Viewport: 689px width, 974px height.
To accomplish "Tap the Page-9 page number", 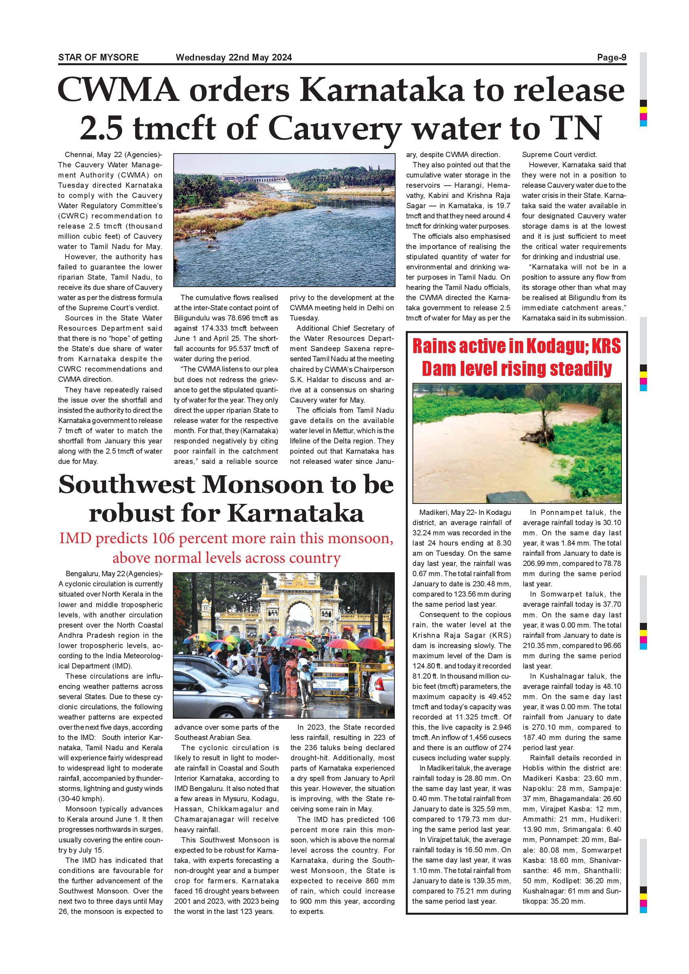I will tap(611, 57).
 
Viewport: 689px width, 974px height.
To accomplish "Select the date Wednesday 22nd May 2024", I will tap(234, 57).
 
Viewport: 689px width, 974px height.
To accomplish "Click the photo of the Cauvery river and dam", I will tap(284, 220).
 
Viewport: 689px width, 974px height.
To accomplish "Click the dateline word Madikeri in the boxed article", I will tap(433, 513).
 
